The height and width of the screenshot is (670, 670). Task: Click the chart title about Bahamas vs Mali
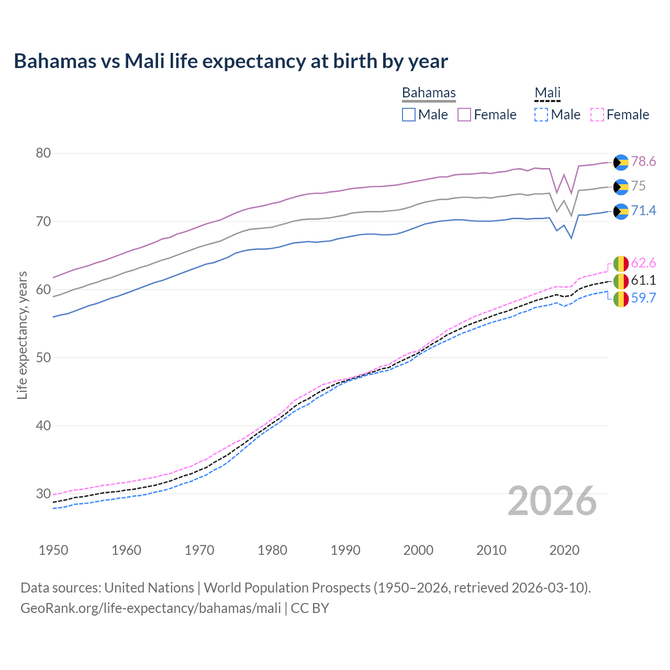(231, 61)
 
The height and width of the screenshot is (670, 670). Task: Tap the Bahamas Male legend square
(409, 115)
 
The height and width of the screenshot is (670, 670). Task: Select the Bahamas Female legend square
(464, 115)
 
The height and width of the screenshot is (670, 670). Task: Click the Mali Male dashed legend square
(541, 115)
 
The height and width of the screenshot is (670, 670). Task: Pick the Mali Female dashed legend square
(597, 115)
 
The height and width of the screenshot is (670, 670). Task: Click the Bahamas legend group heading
(429, 93)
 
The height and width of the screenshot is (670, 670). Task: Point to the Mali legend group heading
(548, 93)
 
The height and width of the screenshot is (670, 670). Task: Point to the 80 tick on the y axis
(43, 153)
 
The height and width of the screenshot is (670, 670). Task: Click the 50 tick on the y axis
(43, 358)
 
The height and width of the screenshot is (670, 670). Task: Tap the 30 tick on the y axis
(43, 494)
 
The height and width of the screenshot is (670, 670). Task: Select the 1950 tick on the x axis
(53, 550)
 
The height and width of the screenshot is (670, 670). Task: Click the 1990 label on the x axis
(345, 550)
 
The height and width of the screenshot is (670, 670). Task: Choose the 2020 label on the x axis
(564, 550)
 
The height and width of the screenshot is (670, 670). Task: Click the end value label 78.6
(643, 162)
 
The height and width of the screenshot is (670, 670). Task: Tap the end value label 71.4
(643, 211)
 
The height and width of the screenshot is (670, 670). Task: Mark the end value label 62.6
(643, 263)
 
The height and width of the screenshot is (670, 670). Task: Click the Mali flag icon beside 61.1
(621, 281)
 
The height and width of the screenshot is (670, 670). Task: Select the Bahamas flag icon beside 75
(621, 187)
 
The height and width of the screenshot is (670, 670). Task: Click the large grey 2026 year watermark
(552, 501)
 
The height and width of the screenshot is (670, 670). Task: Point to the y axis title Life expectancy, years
(22, 335)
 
